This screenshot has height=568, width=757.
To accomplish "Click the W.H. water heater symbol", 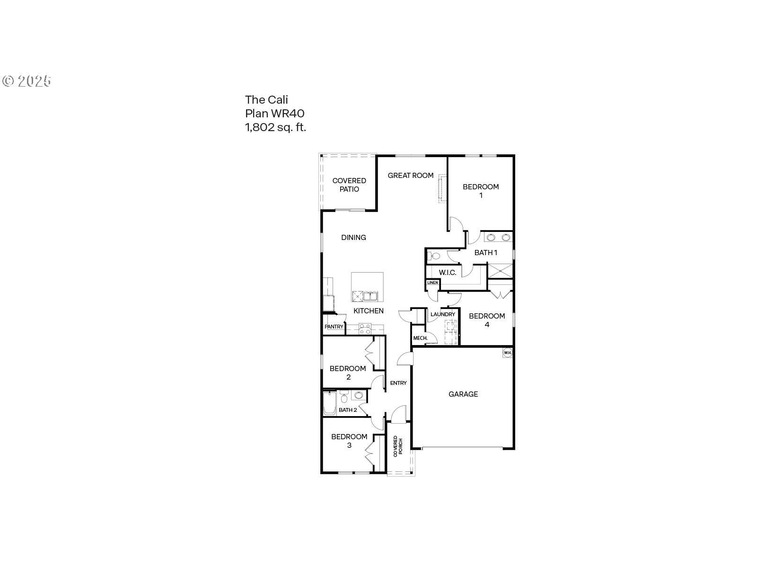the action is point(507,353).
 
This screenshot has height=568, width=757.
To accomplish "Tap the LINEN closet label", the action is point(432,283).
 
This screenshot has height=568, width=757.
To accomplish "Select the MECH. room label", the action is point(421,338).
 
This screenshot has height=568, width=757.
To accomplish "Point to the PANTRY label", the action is point(334,327).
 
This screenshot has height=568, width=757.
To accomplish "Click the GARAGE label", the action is point(463,394).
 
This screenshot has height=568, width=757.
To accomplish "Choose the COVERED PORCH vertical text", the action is point(398,446).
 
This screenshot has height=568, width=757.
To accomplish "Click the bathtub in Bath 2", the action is point(330,403).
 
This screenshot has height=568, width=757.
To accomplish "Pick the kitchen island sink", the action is point(370,296).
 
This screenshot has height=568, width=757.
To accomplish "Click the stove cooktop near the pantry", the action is point(365,329).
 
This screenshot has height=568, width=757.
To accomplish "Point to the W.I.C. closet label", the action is point(448,273).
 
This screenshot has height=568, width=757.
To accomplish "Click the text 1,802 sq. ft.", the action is point(275,128).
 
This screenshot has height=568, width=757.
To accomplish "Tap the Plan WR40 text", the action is point(275,114).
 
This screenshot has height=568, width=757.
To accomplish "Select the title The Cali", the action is point(266,100).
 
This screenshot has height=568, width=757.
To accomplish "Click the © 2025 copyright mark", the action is point(27,81).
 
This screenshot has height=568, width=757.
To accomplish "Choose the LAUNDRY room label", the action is point(443,314).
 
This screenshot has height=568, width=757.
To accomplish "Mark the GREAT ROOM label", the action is point(410,176).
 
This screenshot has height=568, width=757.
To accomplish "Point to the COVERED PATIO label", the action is point(349,185).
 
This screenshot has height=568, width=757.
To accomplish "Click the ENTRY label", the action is point(398,383).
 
